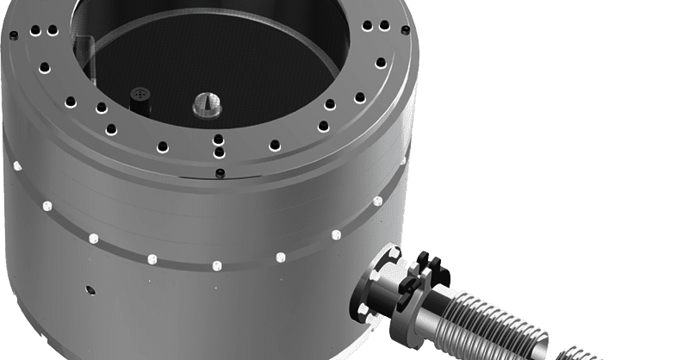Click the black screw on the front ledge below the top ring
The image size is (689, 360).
pyautogui.click(x=219, y=173)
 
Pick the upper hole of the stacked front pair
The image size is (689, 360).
pyautogui.click(x=218, y=139)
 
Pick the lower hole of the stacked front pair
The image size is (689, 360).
pyautogui.click(x=219, y=152)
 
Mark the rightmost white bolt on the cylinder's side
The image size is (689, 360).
pyautogui.click(x=377, y=201)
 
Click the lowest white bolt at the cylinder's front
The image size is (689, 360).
pyautogui.click(x=216, y=263)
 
